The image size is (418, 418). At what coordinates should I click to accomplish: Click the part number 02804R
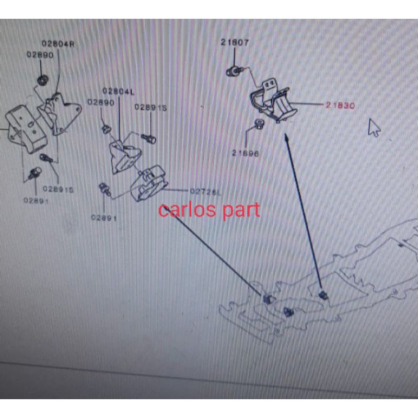point(58,44)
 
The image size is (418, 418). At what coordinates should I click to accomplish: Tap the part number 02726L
point(205,192)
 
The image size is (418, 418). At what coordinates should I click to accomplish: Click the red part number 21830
point(340,105)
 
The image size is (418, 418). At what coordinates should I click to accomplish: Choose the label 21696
point(245,153)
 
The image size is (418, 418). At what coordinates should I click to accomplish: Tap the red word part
point(239,211)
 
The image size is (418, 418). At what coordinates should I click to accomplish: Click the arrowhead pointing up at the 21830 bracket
point(286,137)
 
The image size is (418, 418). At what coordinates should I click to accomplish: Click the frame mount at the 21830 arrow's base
point(323,295)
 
